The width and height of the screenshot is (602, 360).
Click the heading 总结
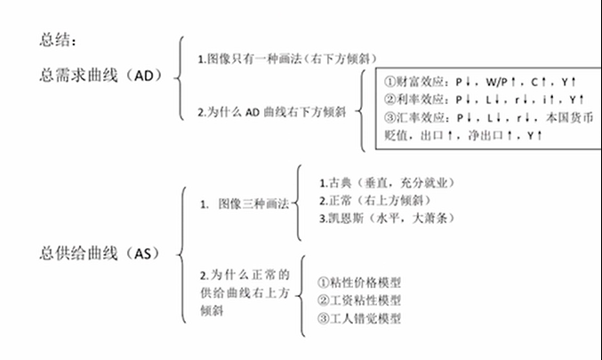point(58,40)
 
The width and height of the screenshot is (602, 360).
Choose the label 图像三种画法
point(250,204)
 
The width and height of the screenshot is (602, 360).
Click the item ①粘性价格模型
point(358,283)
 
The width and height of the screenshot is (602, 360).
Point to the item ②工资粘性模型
point(358,300)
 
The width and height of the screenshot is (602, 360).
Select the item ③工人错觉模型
point(358,318)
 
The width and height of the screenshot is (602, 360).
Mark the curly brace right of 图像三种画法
point(296,203)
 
